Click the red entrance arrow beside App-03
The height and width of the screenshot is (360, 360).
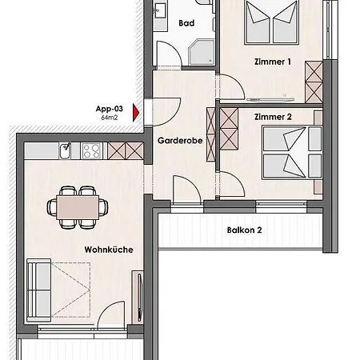[x=136, y=113]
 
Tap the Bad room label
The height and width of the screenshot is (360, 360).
[x=186, y=23]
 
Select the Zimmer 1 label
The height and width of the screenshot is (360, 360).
[x=272, y=62]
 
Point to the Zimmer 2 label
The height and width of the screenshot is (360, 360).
[x=273, y=117]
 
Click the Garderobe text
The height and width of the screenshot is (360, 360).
[x=180, y=141]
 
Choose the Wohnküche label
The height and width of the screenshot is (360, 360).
[x=109, y=250]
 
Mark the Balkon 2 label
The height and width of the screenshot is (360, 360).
[x=244, y=230]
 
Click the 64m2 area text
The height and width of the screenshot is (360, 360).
[x=110, y=118]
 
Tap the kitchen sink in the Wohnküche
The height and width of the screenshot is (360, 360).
[x=66, y=150]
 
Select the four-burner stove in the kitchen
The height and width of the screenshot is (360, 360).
[x=91, y=151]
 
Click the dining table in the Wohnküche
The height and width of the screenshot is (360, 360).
[x=78, y=207]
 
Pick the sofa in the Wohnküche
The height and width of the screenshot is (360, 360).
[x=39, y=290]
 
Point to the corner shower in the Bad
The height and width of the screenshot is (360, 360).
[x=202, y=53]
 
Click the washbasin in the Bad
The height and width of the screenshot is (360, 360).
[x=161, y=10]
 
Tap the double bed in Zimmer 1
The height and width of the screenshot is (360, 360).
[x=271, y=22]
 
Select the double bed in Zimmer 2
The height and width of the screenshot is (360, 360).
[x=292, y=152]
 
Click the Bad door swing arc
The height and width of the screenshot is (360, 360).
[x=175, y=48]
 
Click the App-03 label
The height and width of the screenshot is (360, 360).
[x=110, y=109]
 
